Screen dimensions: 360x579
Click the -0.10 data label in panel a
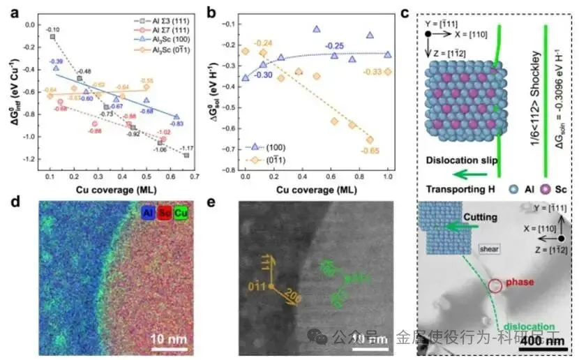(53, 29)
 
